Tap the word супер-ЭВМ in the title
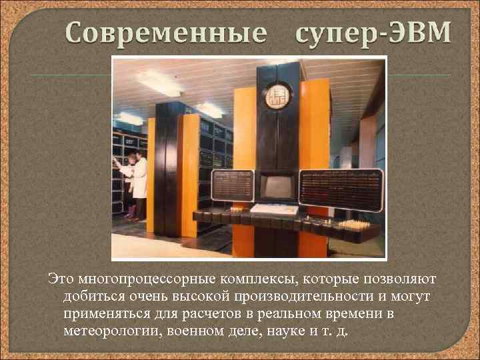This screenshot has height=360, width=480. [371, 31]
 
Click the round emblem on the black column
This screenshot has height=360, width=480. [277, 97]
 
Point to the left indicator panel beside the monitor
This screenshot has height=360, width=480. [233, 185]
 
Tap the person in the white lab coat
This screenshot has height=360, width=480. [139, 182]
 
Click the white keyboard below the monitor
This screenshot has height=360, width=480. [275, 209]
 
